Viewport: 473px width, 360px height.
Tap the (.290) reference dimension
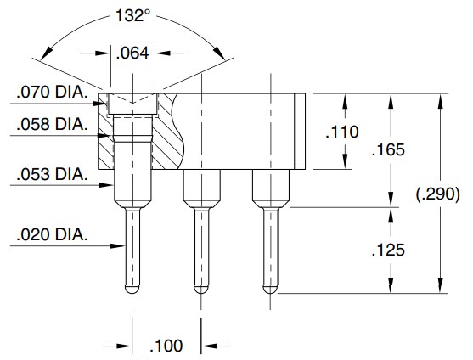click(x=440, y=194)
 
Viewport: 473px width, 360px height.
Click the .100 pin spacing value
click(x=166, y=346)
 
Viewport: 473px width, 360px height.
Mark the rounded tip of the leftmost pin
click(x=133, y=290)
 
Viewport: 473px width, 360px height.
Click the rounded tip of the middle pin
click(x=201, y=290)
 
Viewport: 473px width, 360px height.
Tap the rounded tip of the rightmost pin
click(x=270, y=290)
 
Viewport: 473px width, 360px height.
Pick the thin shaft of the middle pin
click(x=201, y=250)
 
